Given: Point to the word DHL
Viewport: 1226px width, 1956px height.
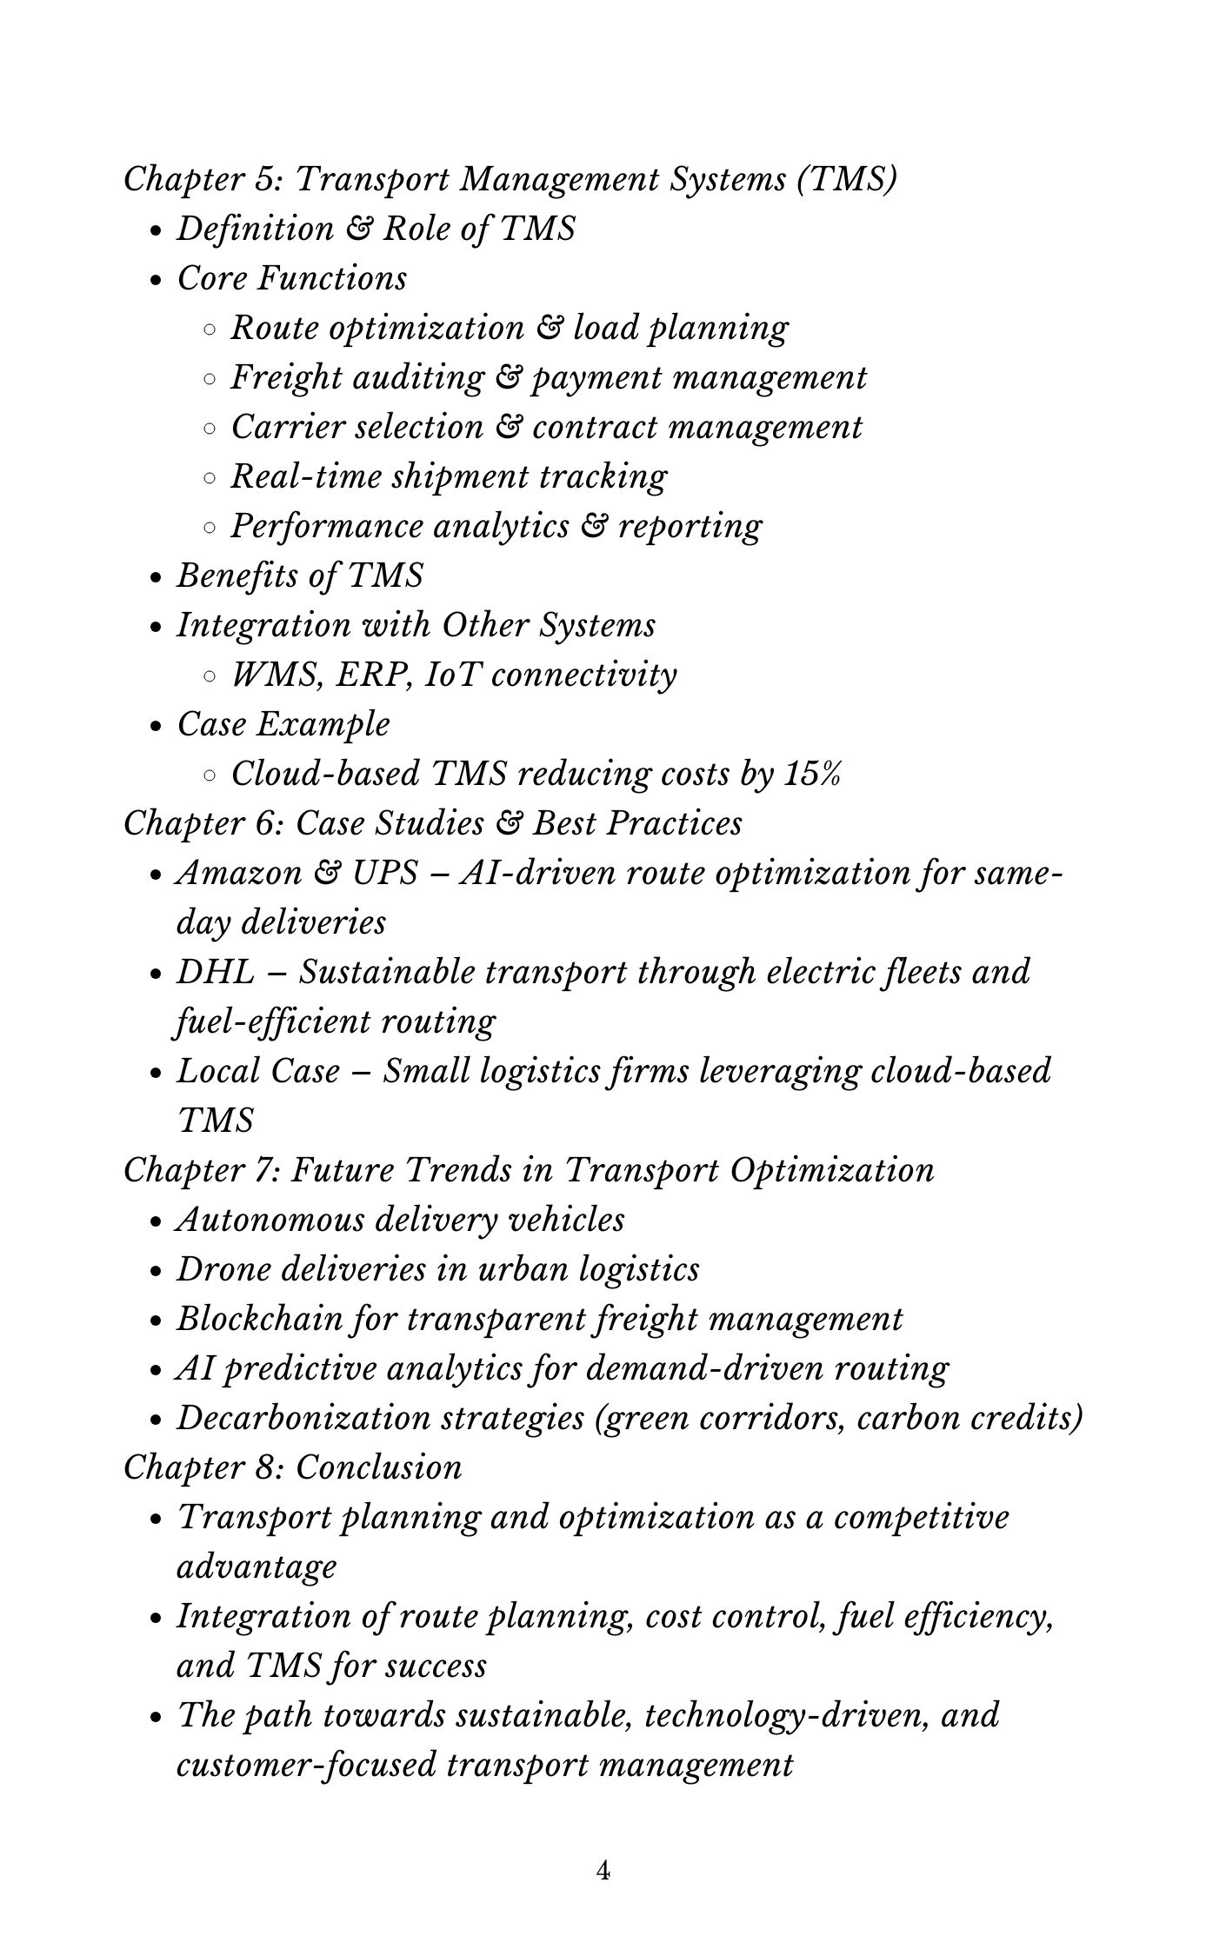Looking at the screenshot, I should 215,972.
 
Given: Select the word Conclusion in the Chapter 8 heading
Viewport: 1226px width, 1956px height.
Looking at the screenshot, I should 378,1467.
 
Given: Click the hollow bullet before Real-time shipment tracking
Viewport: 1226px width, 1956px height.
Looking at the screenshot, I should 210,477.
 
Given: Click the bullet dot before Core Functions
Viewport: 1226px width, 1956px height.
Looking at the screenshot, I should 157,281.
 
